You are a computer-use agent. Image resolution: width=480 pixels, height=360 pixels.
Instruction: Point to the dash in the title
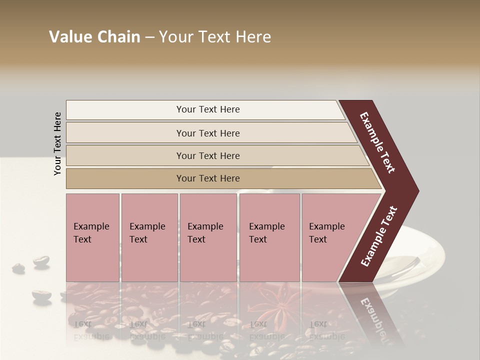tap(149, 37)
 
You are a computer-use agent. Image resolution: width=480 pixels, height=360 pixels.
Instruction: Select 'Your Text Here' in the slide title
tap(215, 37)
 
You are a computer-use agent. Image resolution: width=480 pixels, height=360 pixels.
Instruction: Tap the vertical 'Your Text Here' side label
tap(57, 143)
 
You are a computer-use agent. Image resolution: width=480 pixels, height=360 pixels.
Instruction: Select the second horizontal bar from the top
tap(208, 133)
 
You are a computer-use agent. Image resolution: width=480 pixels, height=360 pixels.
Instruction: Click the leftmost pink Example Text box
tap(92, 237)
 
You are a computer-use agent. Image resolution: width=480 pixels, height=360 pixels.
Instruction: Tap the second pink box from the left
tap(149, 237)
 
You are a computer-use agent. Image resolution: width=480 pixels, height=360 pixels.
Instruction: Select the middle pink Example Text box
tap(208, 237)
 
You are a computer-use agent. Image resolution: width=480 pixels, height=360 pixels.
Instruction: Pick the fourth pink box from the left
tap(269, 237)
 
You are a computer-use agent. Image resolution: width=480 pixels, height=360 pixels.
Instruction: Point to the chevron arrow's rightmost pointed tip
tap(417, 191)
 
